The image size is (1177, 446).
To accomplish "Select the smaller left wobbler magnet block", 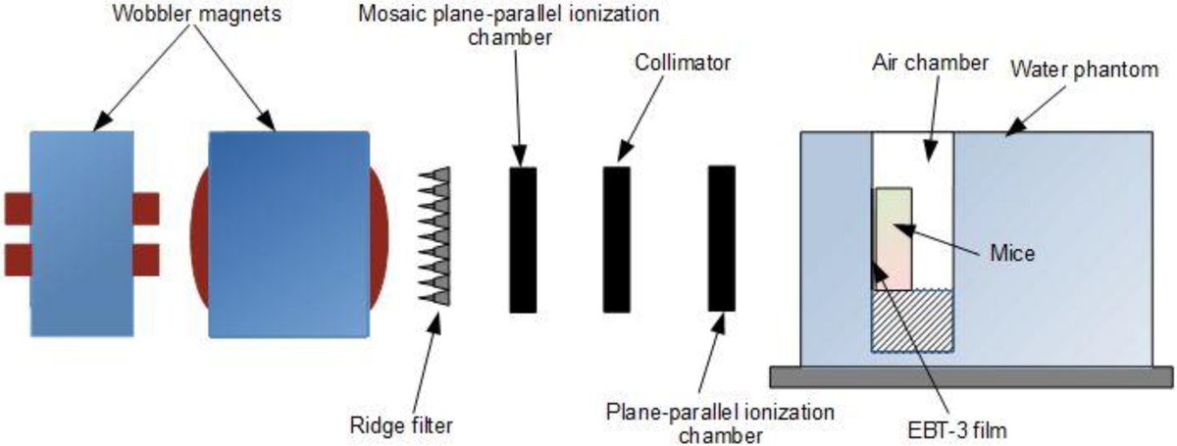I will click(x=81, y=232).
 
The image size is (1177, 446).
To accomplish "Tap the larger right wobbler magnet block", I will click(x=283, y=232).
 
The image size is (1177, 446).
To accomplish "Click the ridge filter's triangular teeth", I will click(x=435, y=234).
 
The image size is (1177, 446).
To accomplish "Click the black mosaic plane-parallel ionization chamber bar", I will click(x=523, y=239).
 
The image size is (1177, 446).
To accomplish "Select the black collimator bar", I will click(x=616, y=239).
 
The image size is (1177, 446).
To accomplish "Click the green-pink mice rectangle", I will click(x=895, y=238).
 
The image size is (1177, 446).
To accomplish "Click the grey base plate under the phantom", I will click(x=971, y=375).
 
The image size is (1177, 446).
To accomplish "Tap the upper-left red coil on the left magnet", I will click(x=18, y=208).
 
